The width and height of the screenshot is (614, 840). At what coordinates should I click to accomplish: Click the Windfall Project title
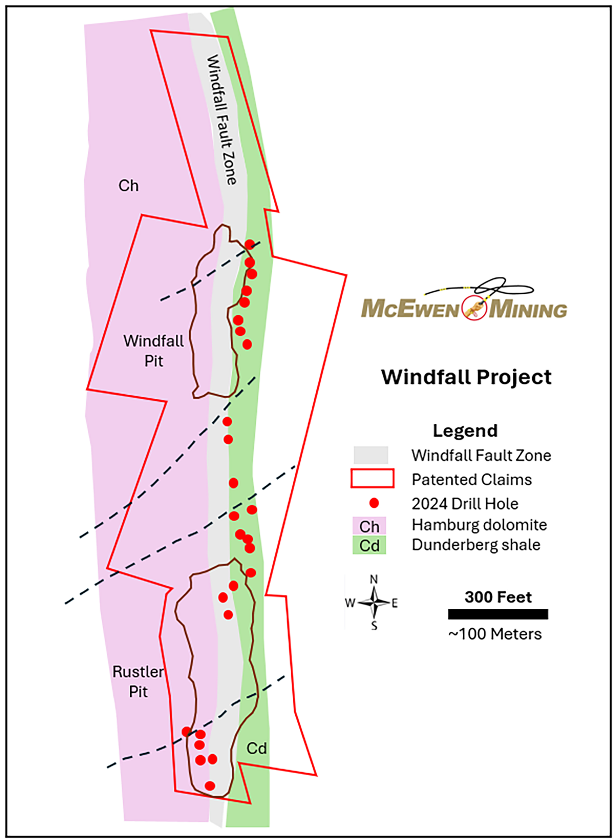(x=466, y=377)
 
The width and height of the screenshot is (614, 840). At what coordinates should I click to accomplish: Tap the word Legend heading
(x=465, y=431)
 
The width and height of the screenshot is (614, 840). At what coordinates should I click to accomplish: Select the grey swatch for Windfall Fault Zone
(x=371, y=455)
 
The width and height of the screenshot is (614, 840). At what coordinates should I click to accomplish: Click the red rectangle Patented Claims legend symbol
(x=373, y=478)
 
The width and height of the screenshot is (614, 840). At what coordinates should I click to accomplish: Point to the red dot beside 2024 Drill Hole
(x=374, y=503)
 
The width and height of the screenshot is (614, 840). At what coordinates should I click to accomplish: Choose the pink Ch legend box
(x=369, y=526)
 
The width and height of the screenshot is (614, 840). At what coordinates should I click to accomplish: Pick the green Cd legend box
(x=369, y=546)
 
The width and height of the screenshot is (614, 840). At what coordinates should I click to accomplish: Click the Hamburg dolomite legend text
(x=479, y=525)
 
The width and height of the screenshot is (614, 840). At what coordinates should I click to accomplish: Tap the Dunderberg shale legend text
(x=476, y=545)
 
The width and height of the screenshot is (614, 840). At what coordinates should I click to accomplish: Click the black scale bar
(x=498, y=614)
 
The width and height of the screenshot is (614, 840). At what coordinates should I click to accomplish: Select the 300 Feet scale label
(x=498, y=597)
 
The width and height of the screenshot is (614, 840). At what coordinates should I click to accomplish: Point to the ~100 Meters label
(x=495, y=634)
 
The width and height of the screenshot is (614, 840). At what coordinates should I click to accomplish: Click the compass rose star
(x=374, y=602)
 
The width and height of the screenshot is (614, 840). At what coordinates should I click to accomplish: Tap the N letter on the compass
(x=374, y=579)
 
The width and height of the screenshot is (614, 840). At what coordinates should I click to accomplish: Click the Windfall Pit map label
(x=154, y=351)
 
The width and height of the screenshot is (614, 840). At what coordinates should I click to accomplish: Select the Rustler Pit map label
(x=138, y=681)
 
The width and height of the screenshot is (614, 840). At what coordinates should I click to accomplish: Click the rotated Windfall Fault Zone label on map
(x=221, y=120)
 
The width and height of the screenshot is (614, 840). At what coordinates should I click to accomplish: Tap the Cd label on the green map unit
(x=256, y=748)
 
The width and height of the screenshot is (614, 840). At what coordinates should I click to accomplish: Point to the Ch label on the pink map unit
(x=128, y=186)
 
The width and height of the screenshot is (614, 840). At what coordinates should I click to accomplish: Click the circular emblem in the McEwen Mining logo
(x=474, y=308)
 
